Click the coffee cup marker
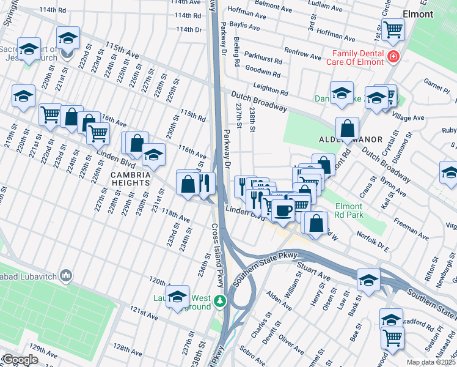pyautogui.click(x=283, y=210)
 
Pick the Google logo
pyautogui.click(x=20, y=360)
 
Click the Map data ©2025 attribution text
pyautogui.click(x=431, y=362)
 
